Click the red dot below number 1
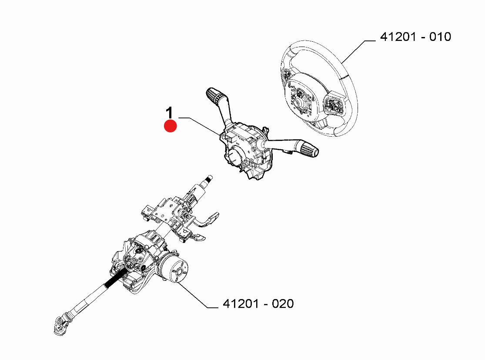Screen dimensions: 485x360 [170, 126]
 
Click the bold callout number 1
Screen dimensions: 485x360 [170, 112]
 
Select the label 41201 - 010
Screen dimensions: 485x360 [415, 37]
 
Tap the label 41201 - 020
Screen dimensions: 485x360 [258, 304]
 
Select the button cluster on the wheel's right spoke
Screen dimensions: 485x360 [334, 104]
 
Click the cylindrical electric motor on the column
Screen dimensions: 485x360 [174, 267]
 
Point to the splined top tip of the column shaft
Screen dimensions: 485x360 [209, 178]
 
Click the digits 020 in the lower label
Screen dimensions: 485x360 [283, 304]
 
